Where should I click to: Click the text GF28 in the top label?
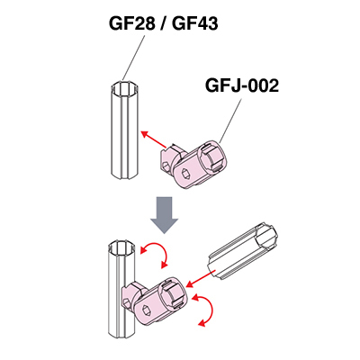pos(132,23)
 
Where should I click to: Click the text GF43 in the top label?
pos(195,23)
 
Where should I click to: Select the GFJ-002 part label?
pos(242,85)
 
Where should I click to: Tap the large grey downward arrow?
pos(165,215)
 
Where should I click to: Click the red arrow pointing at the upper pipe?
pos(154,139)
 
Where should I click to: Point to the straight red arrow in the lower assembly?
pos(201,278)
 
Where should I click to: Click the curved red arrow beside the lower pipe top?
pos(155,254)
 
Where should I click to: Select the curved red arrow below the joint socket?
pos(205,310)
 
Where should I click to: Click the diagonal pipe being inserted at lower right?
pos(243,252)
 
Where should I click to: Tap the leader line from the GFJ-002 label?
pos(230,121)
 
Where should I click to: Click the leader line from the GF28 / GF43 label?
pos(134,58)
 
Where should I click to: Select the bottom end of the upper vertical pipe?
pos(125,175)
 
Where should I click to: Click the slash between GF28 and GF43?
pos(164,23)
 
